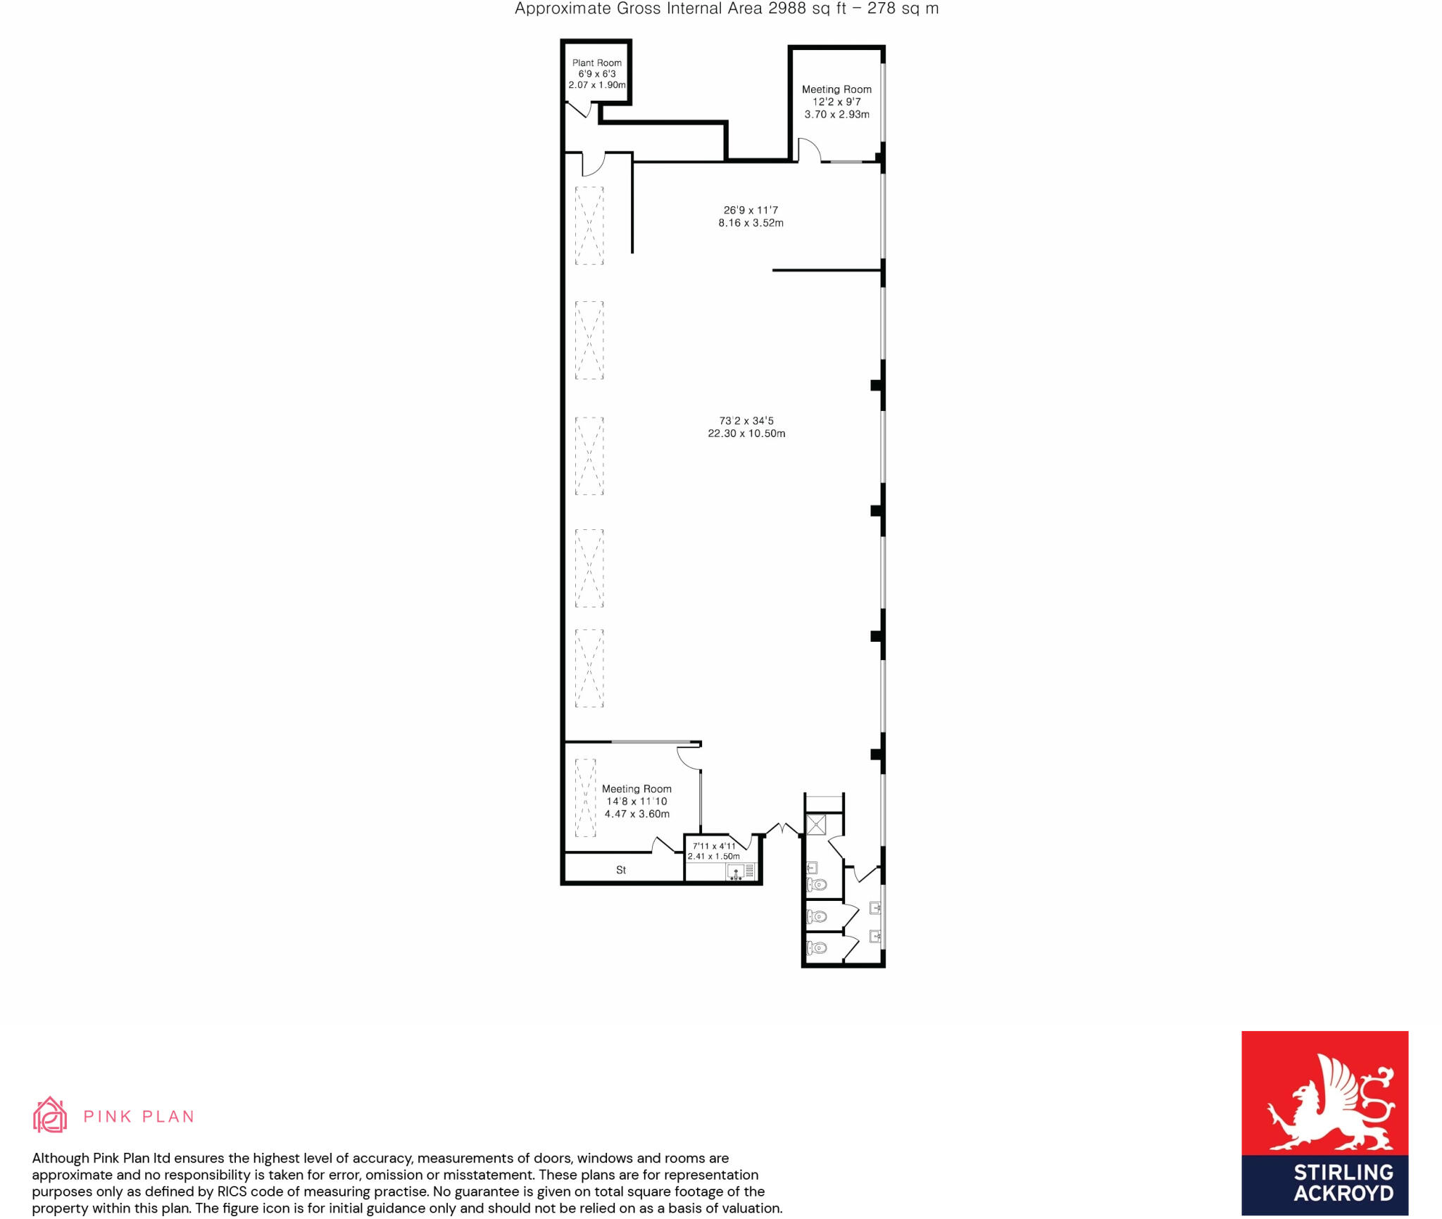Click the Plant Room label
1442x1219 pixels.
click(596, 63)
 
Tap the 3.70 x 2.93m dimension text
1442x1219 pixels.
click(836, 114)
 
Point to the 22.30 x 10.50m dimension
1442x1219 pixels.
click(746, 434)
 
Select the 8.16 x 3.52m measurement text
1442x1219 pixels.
click(751, 223)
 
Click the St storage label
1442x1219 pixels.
click(621, 870)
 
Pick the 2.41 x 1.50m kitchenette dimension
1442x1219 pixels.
click(714, 857)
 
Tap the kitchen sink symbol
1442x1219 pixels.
click(736, 873)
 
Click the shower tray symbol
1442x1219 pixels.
click(816, 824)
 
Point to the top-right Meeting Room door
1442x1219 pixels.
click(810, 149)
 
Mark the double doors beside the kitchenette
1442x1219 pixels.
click(782, 829)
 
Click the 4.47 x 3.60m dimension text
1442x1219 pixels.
click(637, 814)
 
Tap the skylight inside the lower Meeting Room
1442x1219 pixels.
click(586, 797)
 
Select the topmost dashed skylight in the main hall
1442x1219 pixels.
click(589, 225)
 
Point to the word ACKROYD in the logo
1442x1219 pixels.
click(1343, 1193)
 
